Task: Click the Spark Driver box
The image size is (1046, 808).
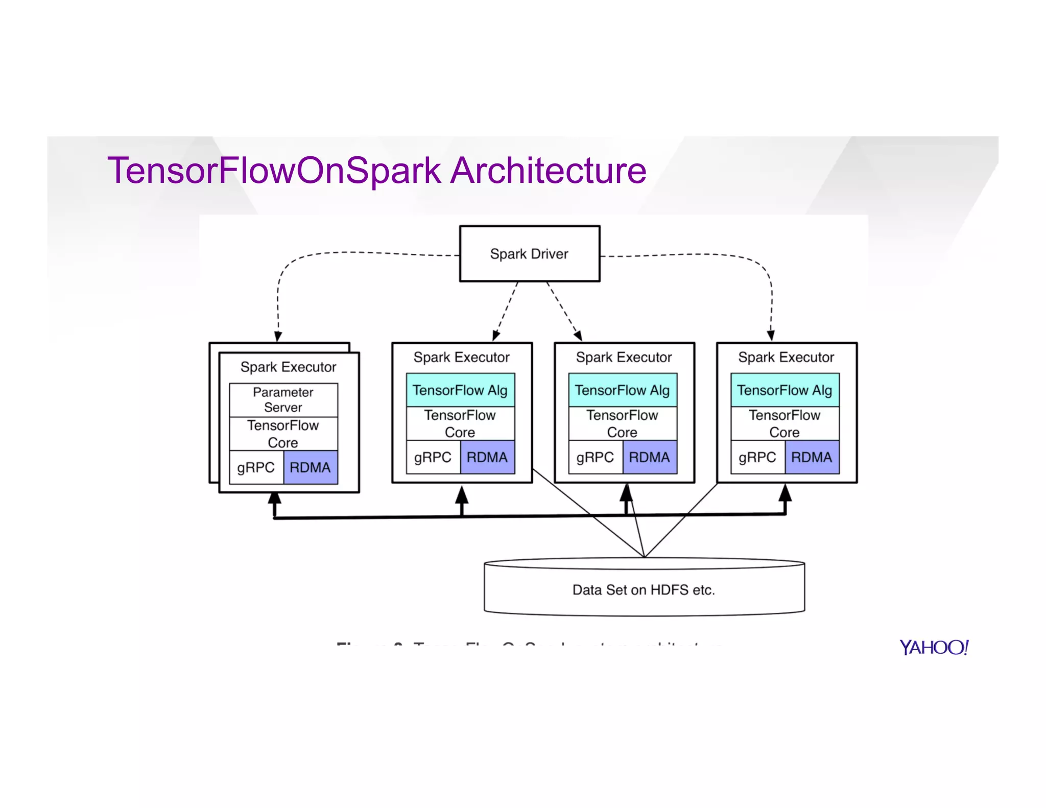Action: coord(530,253)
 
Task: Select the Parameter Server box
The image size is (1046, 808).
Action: coord(283,400)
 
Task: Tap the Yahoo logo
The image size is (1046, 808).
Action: coord(934,647)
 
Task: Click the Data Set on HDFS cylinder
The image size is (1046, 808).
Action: coord(644,589)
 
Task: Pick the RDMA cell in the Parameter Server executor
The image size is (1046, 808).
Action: coord(311,467)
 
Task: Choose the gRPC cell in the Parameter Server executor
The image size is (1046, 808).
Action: coord(256,467)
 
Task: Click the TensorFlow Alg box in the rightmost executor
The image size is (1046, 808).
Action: coord(784,390)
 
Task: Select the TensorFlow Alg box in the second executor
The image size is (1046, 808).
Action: coord(460,390)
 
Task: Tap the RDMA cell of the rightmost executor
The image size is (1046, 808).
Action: coord(812,457)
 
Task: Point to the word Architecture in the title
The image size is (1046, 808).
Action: coord(549,171)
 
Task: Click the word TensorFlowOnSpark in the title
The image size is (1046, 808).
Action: coord(274,171)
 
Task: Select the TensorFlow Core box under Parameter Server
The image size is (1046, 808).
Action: coord(283,434)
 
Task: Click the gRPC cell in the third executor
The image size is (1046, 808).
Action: coord(595,457)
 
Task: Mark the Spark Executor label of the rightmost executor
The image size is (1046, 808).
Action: coord(786,357)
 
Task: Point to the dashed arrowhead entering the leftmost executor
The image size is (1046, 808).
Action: coord(278,337)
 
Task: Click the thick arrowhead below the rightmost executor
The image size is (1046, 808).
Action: coord(785,493)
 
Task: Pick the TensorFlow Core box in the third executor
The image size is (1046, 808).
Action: coord(622,423)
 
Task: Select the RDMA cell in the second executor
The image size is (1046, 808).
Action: coord(487,457)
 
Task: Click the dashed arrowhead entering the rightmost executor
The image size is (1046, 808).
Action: coord(771,336)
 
